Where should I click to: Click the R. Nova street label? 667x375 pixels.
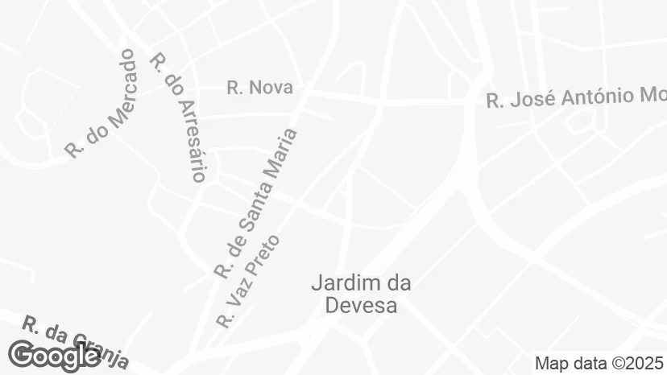(x=259, y=88)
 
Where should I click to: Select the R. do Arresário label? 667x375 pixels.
(x=180, y=117)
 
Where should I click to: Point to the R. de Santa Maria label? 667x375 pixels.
(x=256, y=203)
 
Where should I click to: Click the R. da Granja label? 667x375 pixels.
(x=75, y=340)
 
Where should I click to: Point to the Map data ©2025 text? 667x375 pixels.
(x=600, y=363)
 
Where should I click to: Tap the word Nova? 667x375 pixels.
(x=271, y=88)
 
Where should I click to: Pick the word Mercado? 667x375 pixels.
(x=114, y=86)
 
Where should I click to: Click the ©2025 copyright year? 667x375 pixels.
(x=640, y=363)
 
